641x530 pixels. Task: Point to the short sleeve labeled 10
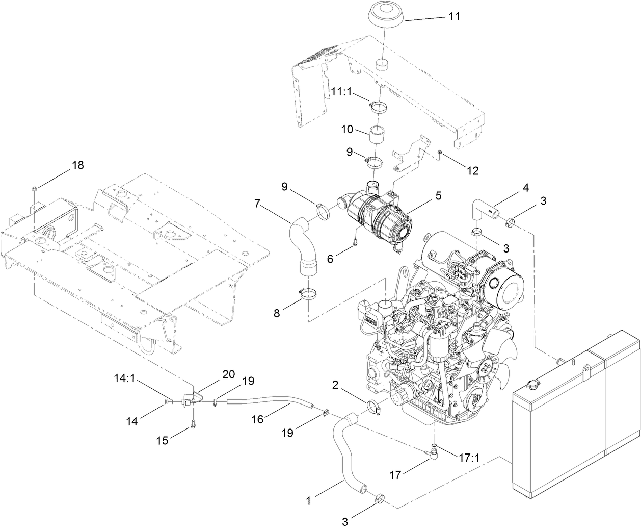click(378, 136)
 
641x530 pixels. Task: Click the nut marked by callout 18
click(34, 189)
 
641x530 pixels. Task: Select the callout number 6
click(330, 259)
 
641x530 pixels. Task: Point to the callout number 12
click(472, 170)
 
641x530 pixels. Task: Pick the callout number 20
click(228, 374)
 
